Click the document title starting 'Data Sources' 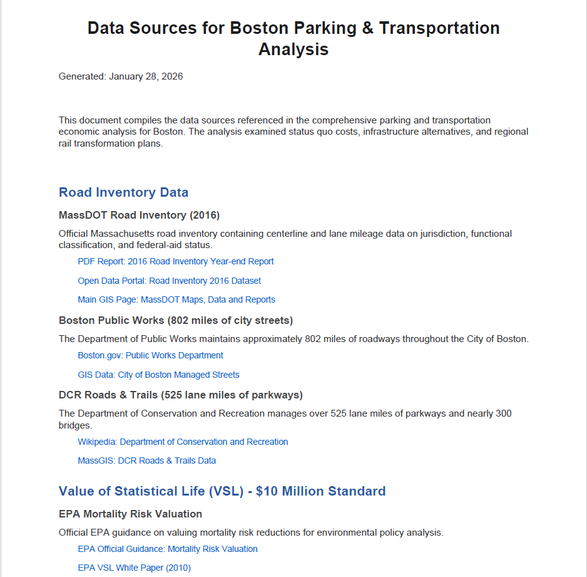[293, 28]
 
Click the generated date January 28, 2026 [145, 76]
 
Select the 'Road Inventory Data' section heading [123, 192]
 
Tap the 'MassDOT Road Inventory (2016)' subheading [139, 216]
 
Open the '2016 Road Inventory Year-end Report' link [176, 261]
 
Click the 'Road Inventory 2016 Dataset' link [169, 281]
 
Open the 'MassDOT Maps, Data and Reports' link [176, 299]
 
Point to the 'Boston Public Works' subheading [175, 321]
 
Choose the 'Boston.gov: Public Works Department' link [150, 355]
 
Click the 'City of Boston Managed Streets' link [158, 375]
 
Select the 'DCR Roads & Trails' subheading [180, 395]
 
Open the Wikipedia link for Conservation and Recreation [183, 442]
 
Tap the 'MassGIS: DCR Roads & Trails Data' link [146, 460]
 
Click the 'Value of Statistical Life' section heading [222, 491]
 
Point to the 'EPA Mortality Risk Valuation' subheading [130, 514]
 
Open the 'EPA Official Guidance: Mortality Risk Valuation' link [167, 549]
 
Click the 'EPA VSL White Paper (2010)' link [134, 568]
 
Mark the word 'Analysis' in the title [293, 49]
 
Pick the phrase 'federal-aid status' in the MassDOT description [174, 245]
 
